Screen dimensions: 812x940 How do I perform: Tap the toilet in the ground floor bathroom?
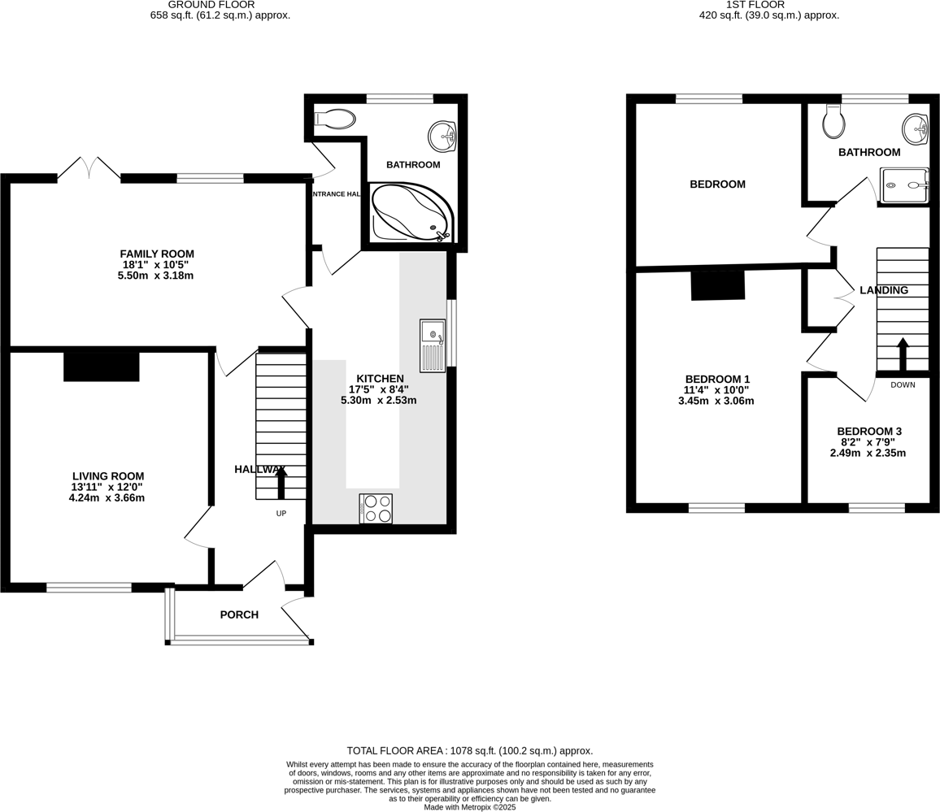click(336, 119)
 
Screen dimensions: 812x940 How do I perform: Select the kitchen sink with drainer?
click(433, 345)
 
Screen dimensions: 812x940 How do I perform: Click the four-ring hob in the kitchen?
click(376, 509)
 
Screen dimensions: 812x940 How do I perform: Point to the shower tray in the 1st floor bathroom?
click(904, 185)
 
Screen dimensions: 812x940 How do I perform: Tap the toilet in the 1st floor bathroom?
click(833, 123)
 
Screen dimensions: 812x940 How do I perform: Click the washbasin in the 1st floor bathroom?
click(916, 128)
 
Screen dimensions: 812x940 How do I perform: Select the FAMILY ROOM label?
click(157, 254)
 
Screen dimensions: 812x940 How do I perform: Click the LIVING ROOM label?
click(108, 476)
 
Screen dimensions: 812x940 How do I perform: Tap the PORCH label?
click(239, 614)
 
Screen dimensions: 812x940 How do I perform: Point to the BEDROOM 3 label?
click(869, 431)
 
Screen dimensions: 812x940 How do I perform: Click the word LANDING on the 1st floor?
click(884, 290)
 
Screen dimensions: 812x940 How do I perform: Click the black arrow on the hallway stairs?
click(281, 483)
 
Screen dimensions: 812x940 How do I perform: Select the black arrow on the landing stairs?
click(903, 354)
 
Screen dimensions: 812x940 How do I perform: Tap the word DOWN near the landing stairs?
click(903, 385)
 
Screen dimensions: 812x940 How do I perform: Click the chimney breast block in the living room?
click(102, 366)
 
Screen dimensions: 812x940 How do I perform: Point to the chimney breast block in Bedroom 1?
click(718, 285)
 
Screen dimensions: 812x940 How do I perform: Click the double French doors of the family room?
click(89, 168)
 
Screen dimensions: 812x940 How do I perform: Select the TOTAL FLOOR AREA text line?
click(469, 751)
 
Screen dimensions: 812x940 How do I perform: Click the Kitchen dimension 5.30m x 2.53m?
click(378, 400)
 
